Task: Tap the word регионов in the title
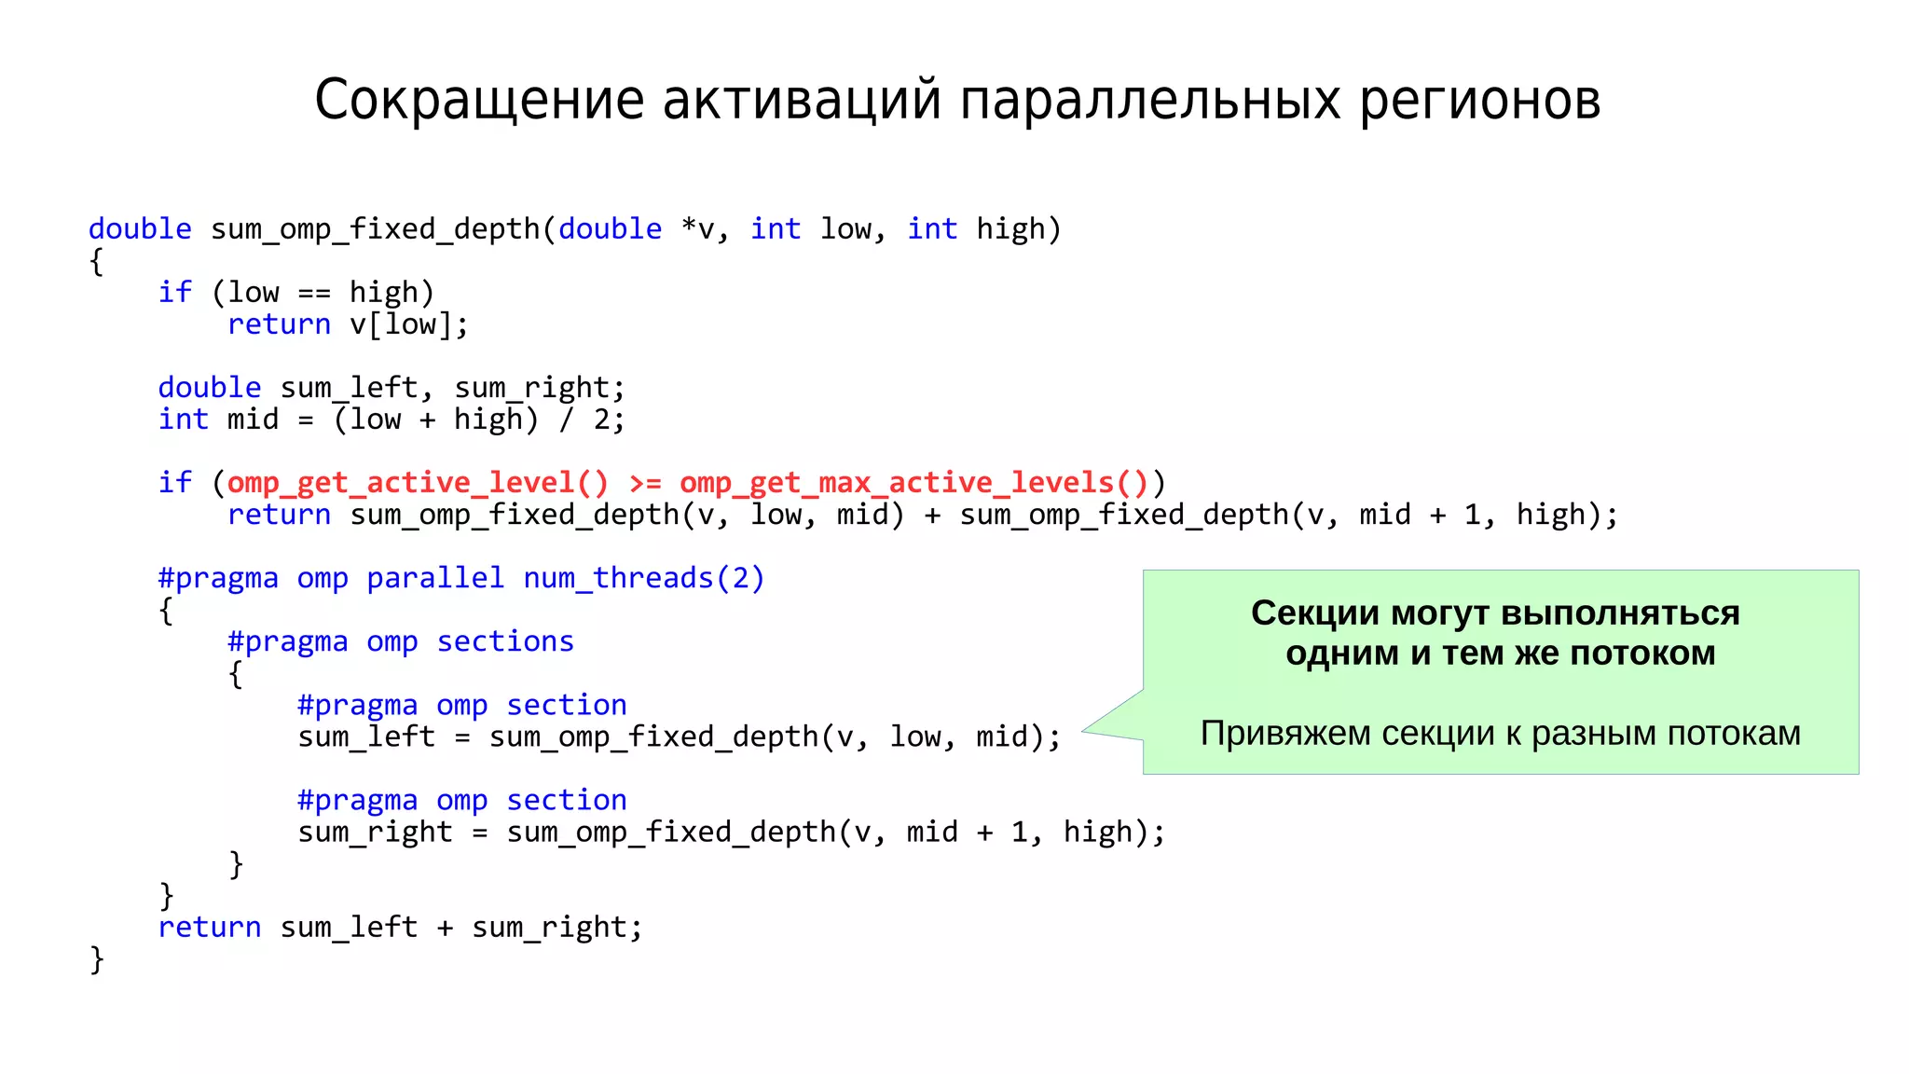click(x=1479, y=100)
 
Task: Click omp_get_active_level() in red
click(x=418, y=483)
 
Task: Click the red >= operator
click(x=644, y=483)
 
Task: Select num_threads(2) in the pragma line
click(x=643, y=578)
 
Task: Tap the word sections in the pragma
click(x=505, y=641)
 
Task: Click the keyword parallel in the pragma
click(x=434, y=578)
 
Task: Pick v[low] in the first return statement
click(x=401, y=324)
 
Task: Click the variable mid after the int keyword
click(x=253, y=420)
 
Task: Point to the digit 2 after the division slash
click(x=601, y=420)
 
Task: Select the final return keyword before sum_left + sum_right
click(x=209, y=928)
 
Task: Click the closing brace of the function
click(x=96, y=959)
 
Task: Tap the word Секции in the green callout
click(x=1314, y=613)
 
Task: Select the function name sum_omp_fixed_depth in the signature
click(x=375, y=229)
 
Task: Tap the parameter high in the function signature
click(x=1010, y=229)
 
